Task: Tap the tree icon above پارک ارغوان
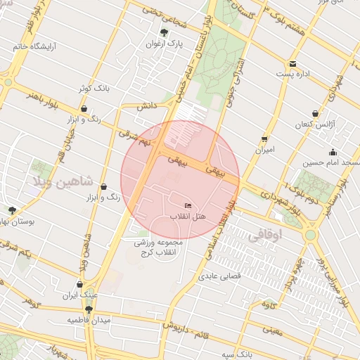point(165,32)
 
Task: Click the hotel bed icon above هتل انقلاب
point(177,205)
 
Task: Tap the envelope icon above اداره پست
point(292,64)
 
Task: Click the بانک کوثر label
point(94,89)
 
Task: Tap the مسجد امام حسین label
point(331,163)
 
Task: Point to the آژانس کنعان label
point(314,124)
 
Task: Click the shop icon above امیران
point(264,139)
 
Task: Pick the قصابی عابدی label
point(223,276)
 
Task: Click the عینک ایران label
point(79,296)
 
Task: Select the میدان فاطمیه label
point(89,320)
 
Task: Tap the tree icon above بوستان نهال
point(12,210)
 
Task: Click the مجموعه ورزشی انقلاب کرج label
point(159,247)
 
